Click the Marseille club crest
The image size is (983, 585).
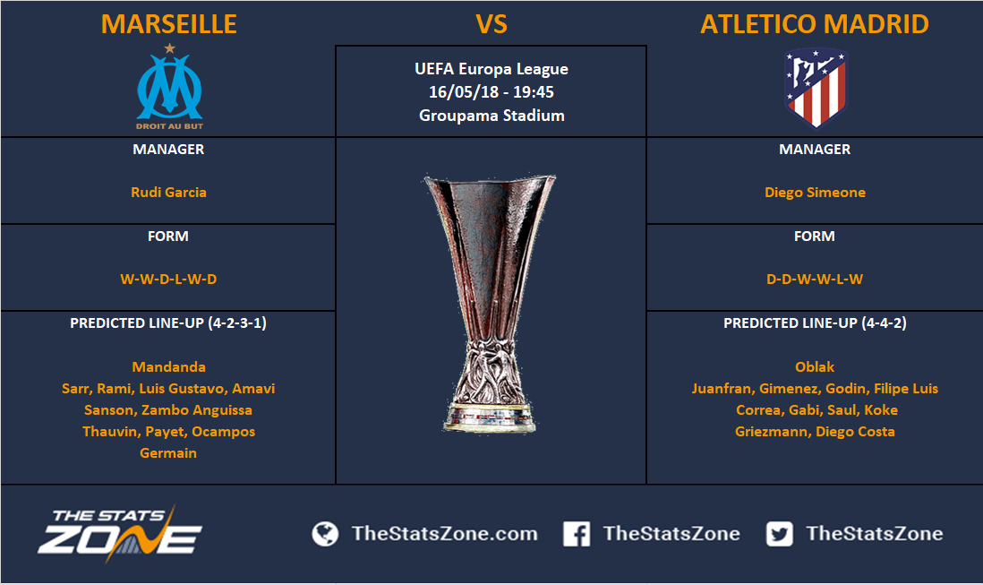[x=169, y=87]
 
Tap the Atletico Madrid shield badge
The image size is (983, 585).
[x=815, y=88]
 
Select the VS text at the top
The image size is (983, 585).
[x=491, y=24]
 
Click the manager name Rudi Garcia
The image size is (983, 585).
[x=168, y=192]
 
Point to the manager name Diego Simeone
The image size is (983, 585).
[x=815, y=192]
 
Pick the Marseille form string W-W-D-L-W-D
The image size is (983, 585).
[x=168, y=279]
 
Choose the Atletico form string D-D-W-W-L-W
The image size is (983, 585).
[x=815, y=279]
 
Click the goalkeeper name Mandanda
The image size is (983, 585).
[x=168, y=366]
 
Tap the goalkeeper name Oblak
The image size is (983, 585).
[x=815, y=366]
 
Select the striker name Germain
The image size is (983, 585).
[x=168, y=452]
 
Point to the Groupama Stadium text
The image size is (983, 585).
[x=491, y=116]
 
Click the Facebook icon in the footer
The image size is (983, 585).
[x=577, y=534]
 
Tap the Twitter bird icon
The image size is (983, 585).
[x=779, y=534]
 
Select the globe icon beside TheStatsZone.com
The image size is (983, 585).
[x=325, y=534]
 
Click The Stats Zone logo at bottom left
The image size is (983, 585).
[x=120, y=533]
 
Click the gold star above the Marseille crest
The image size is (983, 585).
[x=169, y=47]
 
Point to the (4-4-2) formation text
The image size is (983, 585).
[x=884, y=323]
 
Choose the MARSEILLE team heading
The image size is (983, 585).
[x=168, y=24]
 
